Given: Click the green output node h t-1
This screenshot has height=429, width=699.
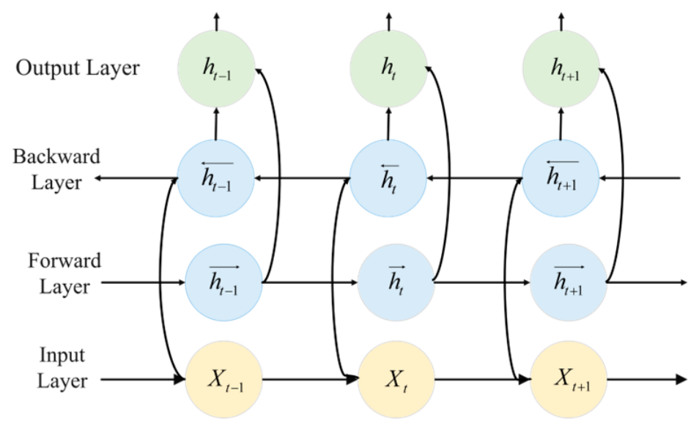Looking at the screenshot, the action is (x=216, y=69).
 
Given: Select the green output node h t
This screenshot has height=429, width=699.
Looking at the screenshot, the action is (x=388, y=69).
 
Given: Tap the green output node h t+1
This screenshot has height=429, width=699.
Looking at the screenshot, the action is (x=561, y=69).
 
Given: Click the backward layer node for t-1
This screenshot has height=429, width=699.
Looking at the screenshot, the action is (x=215, y=178).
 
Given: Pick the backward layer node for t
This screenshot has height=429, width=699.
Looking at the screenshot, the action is (x=388, y=178).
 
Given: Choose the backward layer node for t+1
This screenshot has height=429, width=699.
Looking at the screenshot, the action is (x=561, y=178).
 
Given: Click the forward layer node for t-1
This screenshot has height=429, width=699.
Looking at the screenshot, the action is (x=223, y=282).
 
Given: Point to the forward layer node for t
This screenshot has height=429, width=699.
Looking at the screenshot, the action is (x=396, y=282).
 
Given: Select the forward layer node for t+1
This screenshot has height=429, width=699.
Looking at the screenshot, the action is (x=569, y=282).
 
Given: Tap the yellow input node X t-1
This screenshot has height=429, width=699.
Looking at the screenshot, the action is (x=223, y=380).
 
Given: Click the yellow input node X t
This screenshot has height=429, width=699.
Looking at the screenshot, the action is (x=396, y=380).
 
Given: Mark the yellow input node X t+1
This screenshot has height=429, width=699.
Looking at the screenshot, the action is (x=569, y=380).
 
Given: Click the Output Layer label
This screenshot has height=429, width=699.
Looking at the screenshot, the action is (x=78, y=68).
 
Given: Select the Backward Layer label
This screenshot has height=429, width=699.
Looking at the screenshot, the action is (x=56, y=169).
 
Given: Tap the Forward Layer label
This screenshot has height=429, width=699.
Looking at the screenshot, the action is (x=64, y=274).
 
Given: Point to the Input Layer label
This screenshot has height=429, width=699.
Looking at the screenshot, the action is (x=62, y=368).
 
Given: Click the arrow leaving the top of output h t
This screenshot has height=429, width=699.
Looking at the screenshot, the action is (x=389, y=21).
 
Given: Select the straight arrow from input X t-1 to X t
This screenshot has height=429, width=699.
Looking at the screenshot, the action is (x=310, y=380).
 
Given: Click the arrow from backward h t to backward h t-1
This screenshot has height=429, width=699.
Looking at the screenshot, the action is (x=303, y=178).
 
